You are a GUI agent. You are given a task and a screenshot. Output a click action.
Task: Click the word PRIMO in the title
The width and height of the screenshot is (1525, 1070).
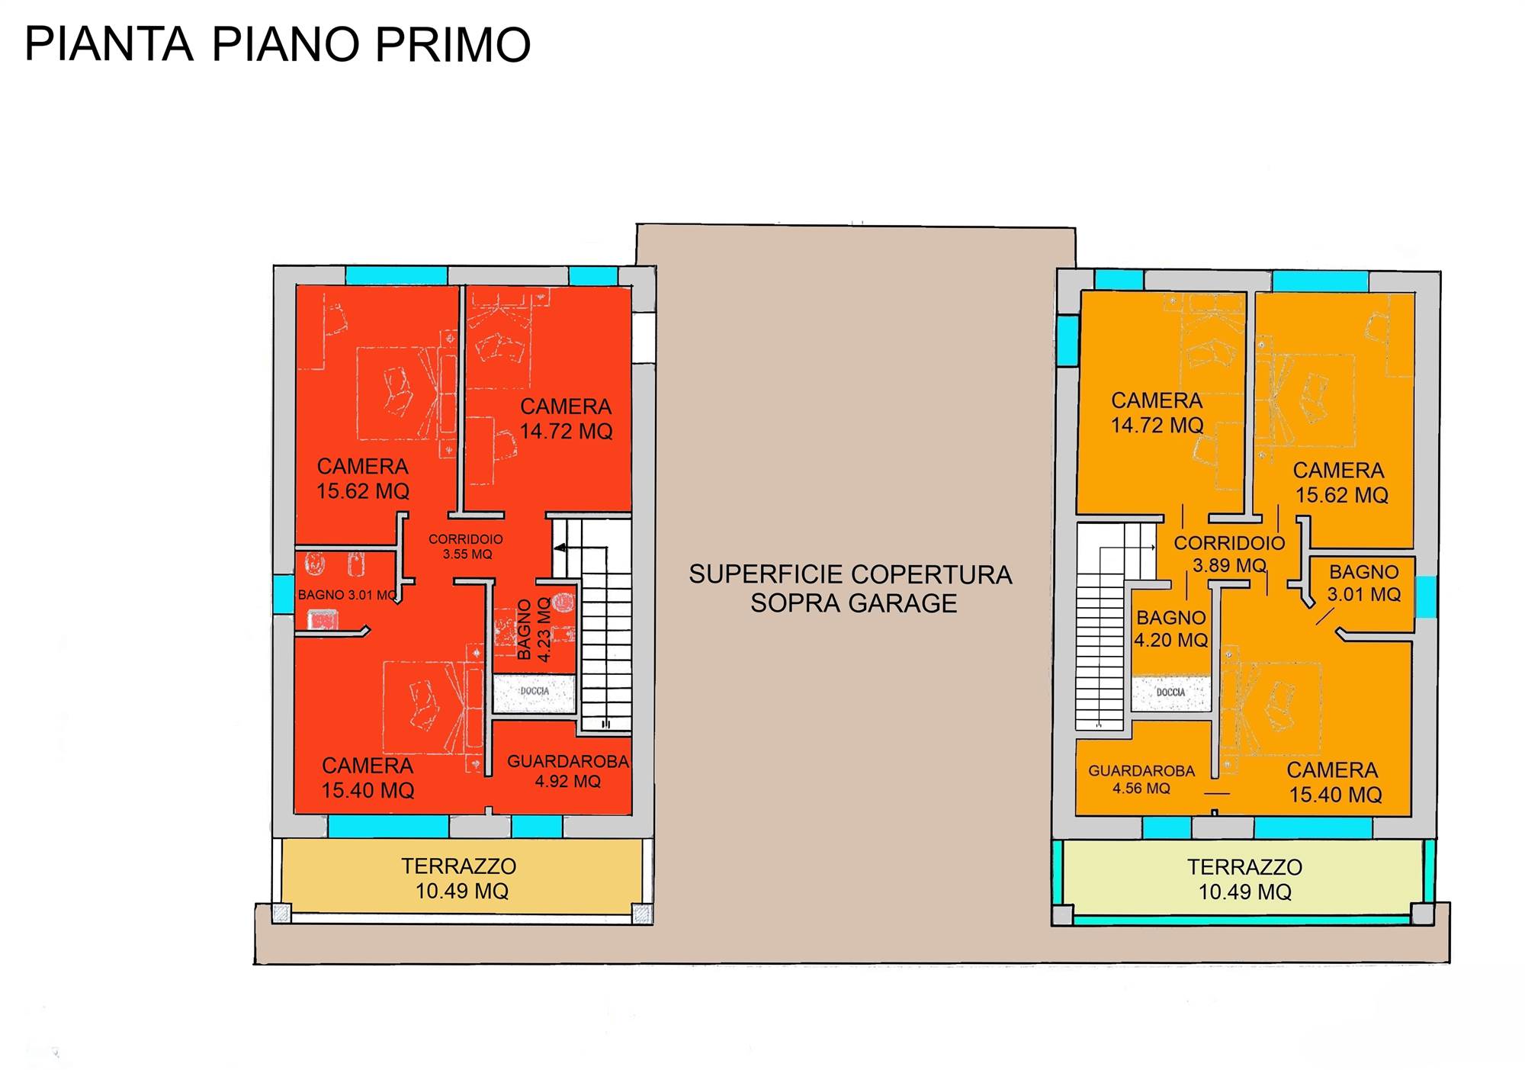[453, 44]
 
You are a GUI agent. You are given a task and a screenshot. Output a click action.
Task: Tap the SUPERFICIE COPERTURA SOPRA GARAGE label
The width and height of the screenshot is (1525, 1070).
[851, 589]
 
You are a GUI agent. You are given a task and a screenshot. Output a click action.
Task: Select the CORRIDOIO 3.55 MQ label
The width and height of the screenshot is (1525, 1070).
[466, 547]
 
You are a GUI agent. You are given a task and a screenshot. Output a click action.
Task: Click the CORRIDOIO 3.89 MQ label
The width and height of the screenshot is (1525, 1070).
[1229, 554]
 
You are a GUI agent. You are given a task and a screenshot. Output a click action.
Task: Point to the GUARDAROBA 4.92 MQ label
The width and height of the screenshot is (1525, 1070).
[568, 771]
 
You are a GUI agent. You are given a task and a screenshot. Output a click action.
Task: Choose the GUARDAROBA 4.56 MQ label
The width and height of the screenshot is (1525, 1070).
[1141, 779]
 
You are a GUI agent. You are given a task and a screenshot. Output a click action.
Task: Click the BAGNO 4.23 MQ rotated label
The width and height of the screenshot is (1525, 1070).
[534, 629]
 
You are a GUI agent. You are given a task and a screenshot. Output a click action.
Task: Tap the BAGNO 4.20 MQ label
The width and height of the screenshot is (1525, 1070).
[1171, 628]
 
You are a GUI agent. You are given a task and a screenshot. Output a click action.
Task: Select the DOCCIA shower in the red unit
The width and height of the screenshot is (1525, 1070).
[534, 693]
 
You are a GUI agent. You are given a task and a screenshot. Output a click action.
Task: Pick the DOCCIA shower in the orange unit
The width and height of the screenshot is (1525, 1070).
[1170, 693]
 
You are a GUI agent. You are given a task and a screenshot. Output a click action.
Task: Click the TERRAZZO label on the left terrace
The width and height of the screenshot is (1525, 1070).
[459, 866]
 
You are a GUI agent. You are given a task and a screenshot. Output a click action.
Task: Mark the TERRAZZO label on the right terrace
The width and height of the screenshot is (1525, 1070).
[1244, 867]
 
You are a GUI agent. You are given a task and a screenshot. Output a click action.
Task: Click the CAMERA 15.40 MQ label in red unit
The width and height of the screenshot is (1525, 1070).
[368, 778]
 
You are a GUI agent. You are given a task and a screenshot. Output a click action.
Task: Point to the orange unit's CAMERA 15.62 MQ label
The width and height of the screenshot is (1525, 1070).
[1340, 483]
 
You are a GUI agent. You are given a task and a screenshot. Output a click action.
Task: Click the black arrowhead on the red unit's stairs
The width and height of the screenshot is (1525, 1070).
[560, 548]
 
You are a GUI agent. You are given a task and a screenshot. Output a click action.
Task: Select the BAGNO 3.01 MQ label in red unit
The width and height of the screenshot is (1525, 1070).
[347, 595]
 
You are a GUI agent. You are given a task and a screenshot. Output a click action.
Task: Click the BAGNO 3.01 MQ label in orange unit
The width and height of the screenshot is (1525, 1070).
[1364, 583]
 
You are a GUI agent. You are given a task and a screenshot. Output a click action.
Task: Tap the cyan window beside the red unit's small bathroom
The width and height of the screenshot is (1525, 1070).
[284, 594]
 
